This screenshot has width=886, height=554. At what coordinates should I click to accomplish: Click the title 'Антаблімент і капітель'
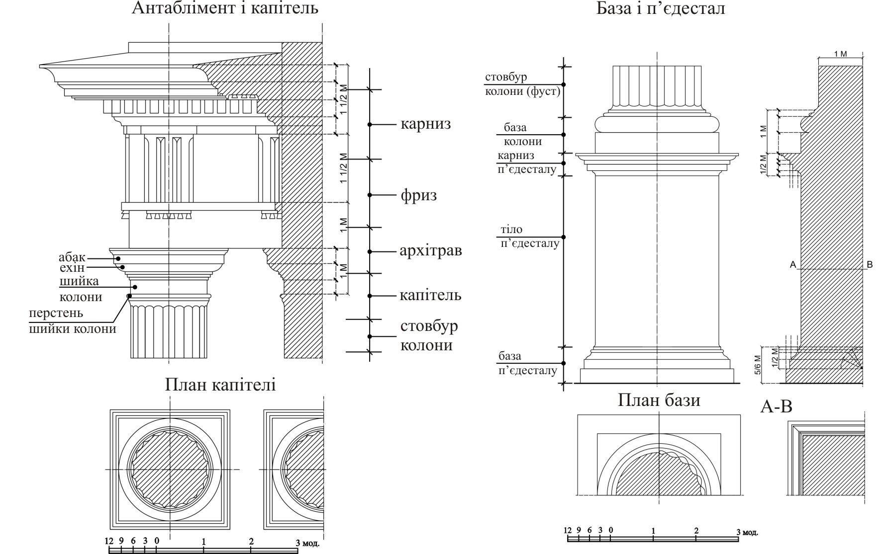[x=225, y=8]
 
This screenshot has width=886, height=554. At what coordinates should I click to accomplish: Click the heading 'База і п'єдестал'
[x=660, y=8]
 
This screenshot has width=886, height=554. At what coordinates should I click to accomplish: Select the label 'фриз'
[x=419, y=195]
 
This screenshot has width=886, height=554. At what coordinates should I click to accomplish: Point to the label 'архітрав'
[x=431, y=250]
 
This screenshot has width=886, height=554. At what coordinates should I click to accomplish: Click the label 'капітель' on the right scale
[x=430, y=295]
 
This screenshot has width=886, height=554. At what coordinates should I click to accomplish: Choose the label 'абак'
[x=72, y=257]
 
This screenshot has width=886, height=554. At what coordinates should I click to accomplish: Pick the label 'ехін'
[x=72, y=268]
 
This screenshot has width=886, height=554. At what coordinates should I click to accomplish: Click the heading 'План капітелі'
[x=220, y=385]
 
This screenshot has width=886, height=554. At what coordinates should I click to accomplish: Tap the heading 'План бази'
[x=659, y=400]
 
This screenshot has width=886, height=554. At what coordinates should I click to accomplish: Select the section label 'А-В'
[x=776, y=406]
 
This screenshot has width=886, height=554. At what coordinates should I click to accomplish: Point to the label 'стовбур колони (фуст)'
[x=522, y=84]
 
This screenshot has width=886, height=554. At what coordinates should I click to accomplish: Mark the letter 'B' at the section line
[x=870, y=264]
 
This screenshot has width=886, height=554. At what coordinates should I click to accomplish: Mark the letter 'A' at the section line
[x=793, y=264]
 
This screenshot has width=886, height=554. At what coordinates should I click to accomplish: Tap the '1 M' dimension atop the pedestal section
[x=840, y=54]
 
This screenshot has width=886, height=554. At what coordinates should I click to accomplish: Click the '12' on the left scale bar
[x=109, y=541]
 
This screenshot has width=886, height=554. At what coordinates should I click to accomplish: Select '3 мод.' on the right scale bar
[x=747, y=532]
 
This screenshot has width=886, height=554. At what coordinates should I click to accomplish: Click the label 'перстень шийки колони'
[x=72, y=321]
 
